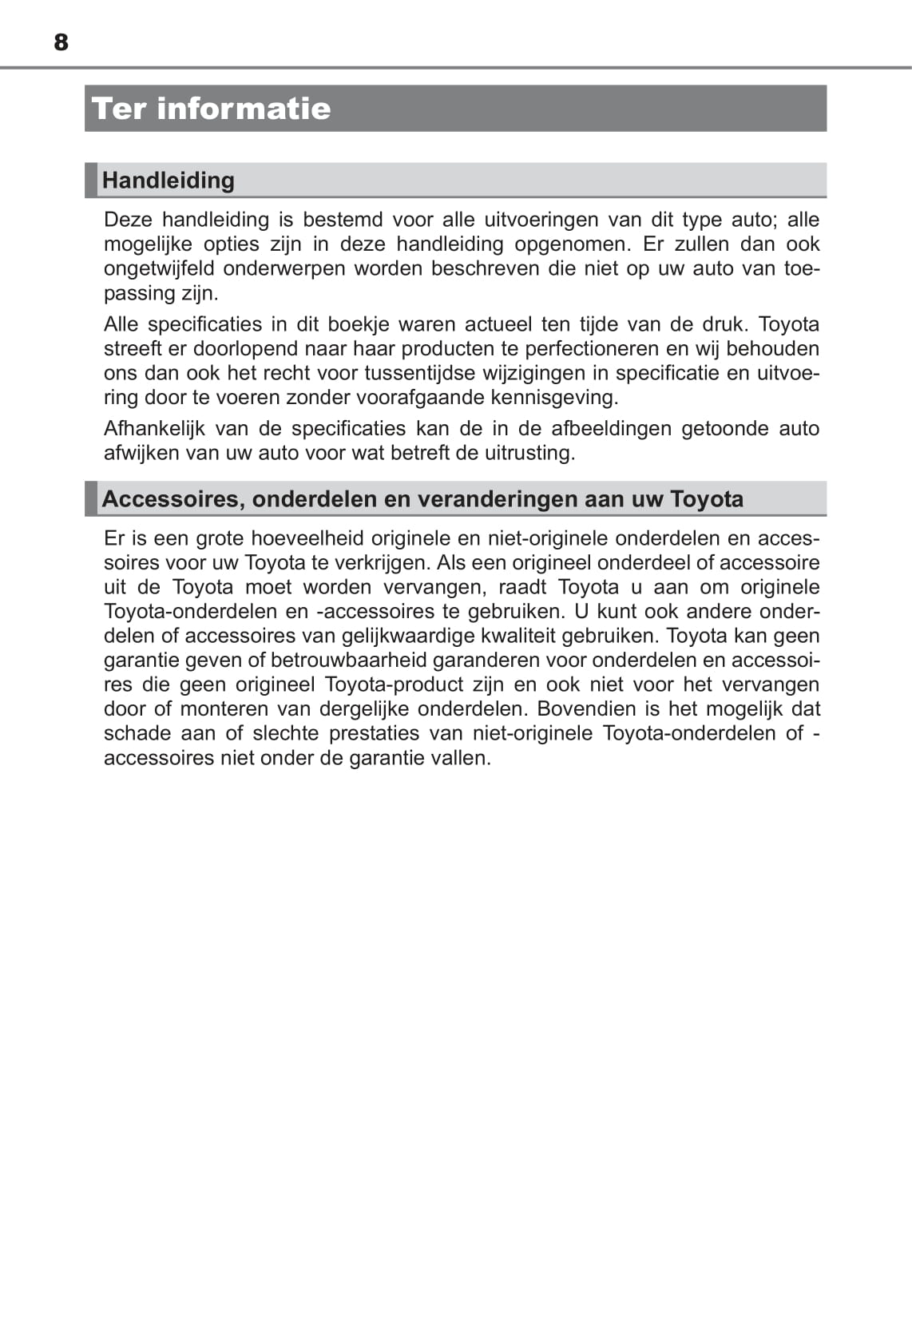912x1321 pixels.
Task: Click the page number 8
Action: [x=61, y=42]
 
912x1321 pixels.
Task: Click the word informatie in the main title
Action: [x=244, y=109]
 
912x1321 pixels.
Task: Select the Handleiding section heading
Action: [x=169, y=180]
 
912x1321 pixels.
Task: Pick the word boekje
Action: [x=359, y=324]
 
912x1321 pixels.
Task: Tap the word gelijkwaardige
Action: [x=422, y=637]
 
